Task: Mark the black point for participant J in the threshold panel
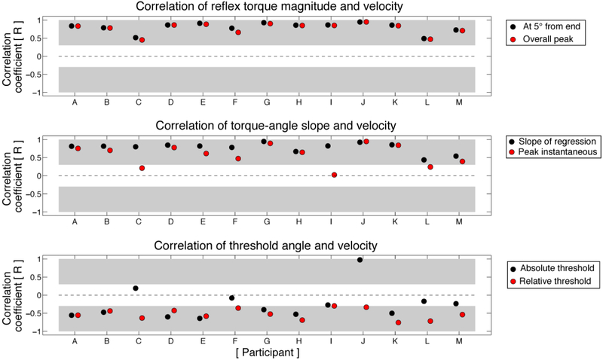click(x=360, y=260)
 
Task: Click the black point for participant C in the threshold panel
click(x=136, y=288)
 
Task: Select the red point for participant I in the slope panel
click(x=334, y=175)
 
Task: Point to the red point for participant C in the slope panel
click(x=142, y=168)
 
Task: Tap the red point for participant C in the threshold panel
click(x=142, y=318)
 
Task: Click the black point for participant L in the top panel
click(x=424, y=38)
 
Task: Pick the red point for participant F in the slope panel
click(x=238, y=159)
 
